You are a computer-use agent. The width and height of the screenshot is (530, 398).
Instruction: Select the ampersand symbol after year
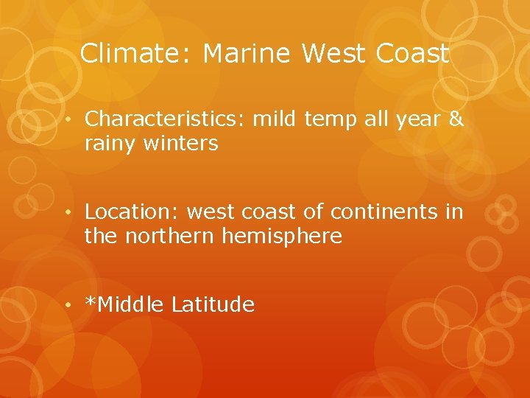point(456,119)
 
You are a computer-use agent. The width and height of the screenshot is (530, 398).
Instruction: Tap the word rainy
point(107,144)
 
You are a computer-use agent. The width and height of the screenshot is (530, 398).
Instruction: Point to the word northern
point(168,237)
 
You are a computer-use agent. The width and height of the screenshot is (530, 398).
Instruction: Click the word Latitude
point(213,304)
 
